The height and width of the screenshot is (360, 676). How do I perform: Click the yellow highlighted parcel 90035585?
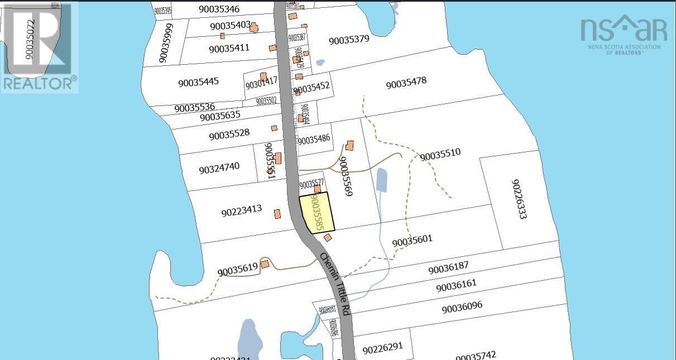pyautogui.click(x=317, y=213)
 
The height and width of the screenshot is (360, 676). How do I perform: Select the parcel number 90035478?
pyautogui.click(x=406, y=83)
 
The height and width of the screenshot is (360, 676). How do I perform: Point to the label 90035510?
pyautogui.click(x=440, y=155)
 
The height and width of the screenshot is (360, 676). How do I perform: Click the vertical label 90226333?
pyautogui.click(x=518, y=199)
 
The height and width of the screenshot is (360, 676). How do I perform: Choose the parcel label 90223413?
pyautogui.click(x=241, y=211)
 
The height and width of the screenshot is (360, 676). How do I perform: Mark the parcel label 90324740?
pyautogui.click(x=219, y=168)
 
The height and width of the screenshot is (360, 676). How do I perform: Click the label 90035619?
pyautogui.click(x=238, y=270)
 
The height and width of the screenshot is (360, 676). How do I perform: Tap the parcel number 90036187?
pyautogui.click(x=448, y=269)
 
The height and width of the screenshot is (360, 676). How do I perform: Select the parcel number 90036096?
pyautogui.click(x=462, y=307)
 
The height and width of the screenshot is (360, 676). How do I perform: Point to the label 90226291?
pyautogui.click(x=382, y=348)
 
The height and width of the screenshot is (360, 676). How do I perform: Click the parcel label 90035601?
pyautogui.click(x=412, y=241)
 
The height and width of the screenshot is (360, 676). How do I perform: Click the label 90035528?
pyautogui.click(x=229, y=135)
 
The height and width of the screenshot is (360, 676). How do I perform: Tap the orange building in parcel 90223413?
pyautogui.click(x=277, y=214)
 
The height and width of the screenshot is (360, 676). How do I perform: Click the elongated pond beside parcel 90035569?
pyautogui.click(x=381, y=179)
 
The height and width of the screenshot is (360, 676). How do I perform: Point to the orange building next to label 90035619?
pyautogui.click(x=265, y=264)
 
